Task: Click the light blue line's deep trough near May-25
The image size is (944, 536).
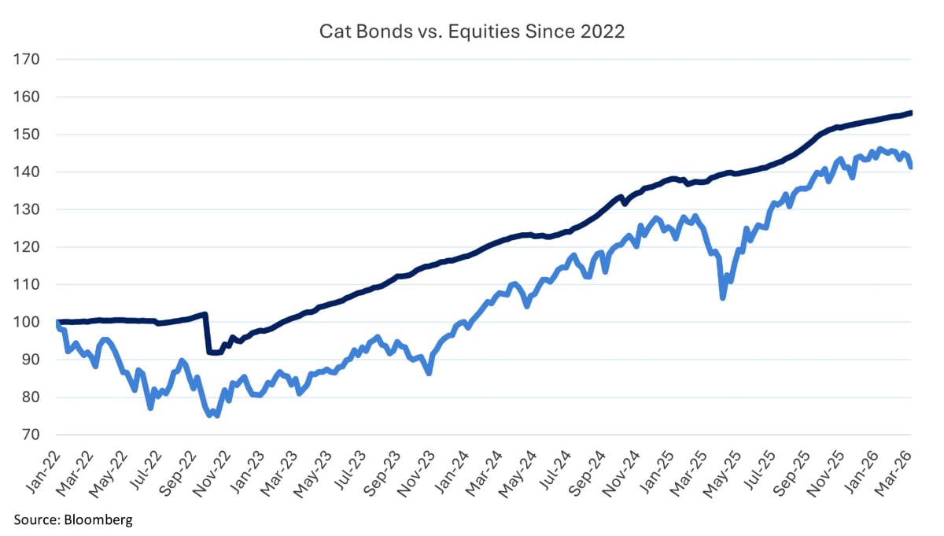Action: click(722, 298)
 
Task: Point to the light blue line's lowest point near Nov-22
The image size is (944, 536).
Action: click(216, 415)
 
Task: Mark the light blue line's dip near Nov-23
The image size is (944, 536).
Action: click(429, 372)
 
